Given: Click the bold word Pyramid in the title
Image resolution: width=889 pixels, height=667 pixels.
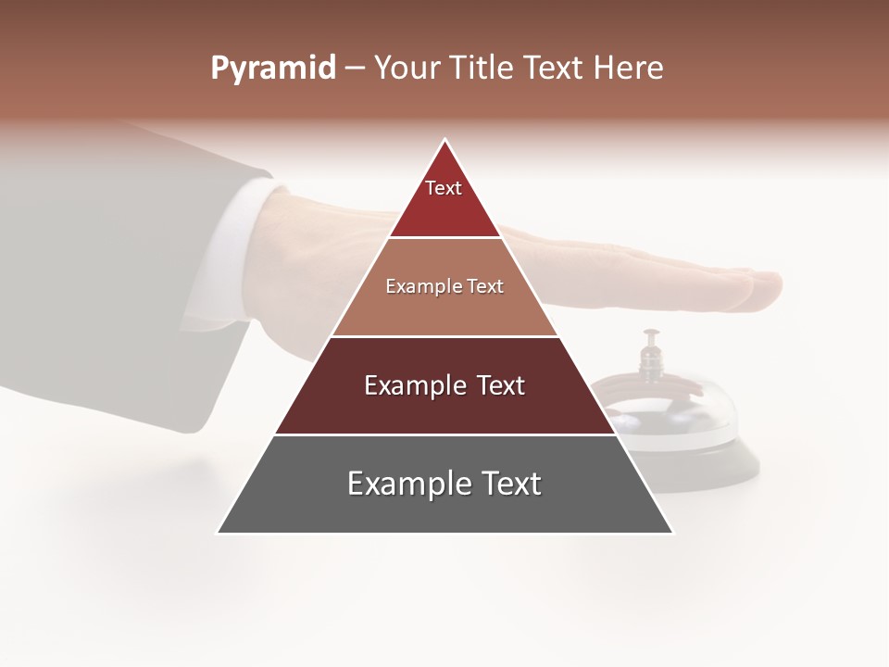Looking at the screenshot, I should [x=273, y=69].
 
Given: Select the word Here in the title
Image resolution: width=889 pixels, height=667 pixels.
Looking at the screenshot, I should [x=628, y=69].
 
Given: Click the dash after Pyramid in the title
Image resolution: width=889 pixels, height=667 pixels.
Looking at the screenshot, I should [x=355, y=69].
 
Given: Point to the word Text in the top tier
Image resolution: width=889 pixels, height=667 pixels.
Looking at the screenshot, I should [x=444, y=188].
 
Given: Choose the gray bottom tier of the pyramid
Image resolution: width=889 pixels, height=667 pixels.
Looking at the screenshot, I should [x=444, y=510].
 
